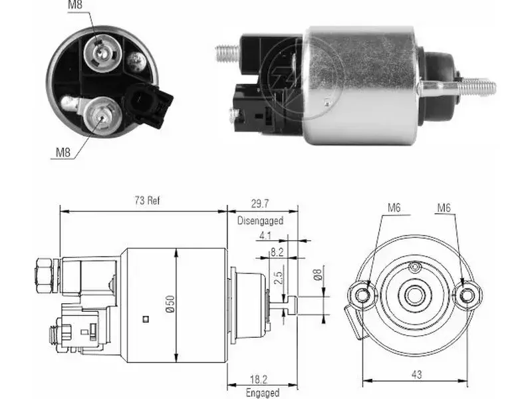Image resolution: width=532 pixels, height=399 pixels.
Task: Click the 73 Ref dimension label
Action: (147, 201)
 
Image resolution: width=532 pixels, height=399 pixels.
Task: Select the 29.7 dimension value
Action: (260, 203)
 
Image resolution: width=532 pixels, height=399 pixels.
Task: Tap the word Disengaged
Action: (260, 221)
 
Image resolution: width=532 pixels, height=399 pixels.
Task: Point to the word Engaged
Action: (263, 392)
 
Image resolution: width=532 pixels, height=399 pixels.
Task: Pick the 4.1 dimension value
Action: (265, 235)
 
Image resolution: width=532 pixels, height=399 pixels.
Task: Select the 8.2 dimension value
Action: (277, 252)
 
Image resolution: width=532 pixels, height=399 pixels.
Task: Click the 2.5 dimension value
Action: (279, 277)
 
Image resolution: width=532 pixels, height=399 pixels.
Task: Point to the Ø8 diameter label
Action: (318, 275)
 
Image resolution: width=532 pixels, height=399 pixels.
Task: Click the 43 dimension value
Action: (417, 374)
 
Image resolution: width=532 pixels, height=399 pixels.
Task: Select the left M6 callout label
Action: (394, 207)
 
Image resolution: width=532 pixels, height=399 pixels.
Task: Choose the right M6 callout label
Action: (444, 207)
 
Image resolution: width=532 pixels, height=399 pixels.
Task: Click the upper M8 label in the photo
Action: (75, 5)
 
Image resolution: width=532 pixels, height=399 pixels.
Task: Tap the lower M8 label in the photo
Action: (63, 152)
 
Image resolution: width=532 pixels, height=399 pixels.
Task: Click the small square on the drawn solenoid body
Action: (146, 319)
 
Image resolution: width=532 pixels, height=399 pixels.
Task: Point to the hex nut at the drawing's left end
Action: (44, 275)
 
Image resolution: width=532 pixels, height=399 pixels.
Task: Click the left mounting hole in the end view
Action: (362, 296)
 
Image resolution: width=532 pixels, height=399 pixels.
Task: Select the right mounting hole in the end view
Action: (467, 296)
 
